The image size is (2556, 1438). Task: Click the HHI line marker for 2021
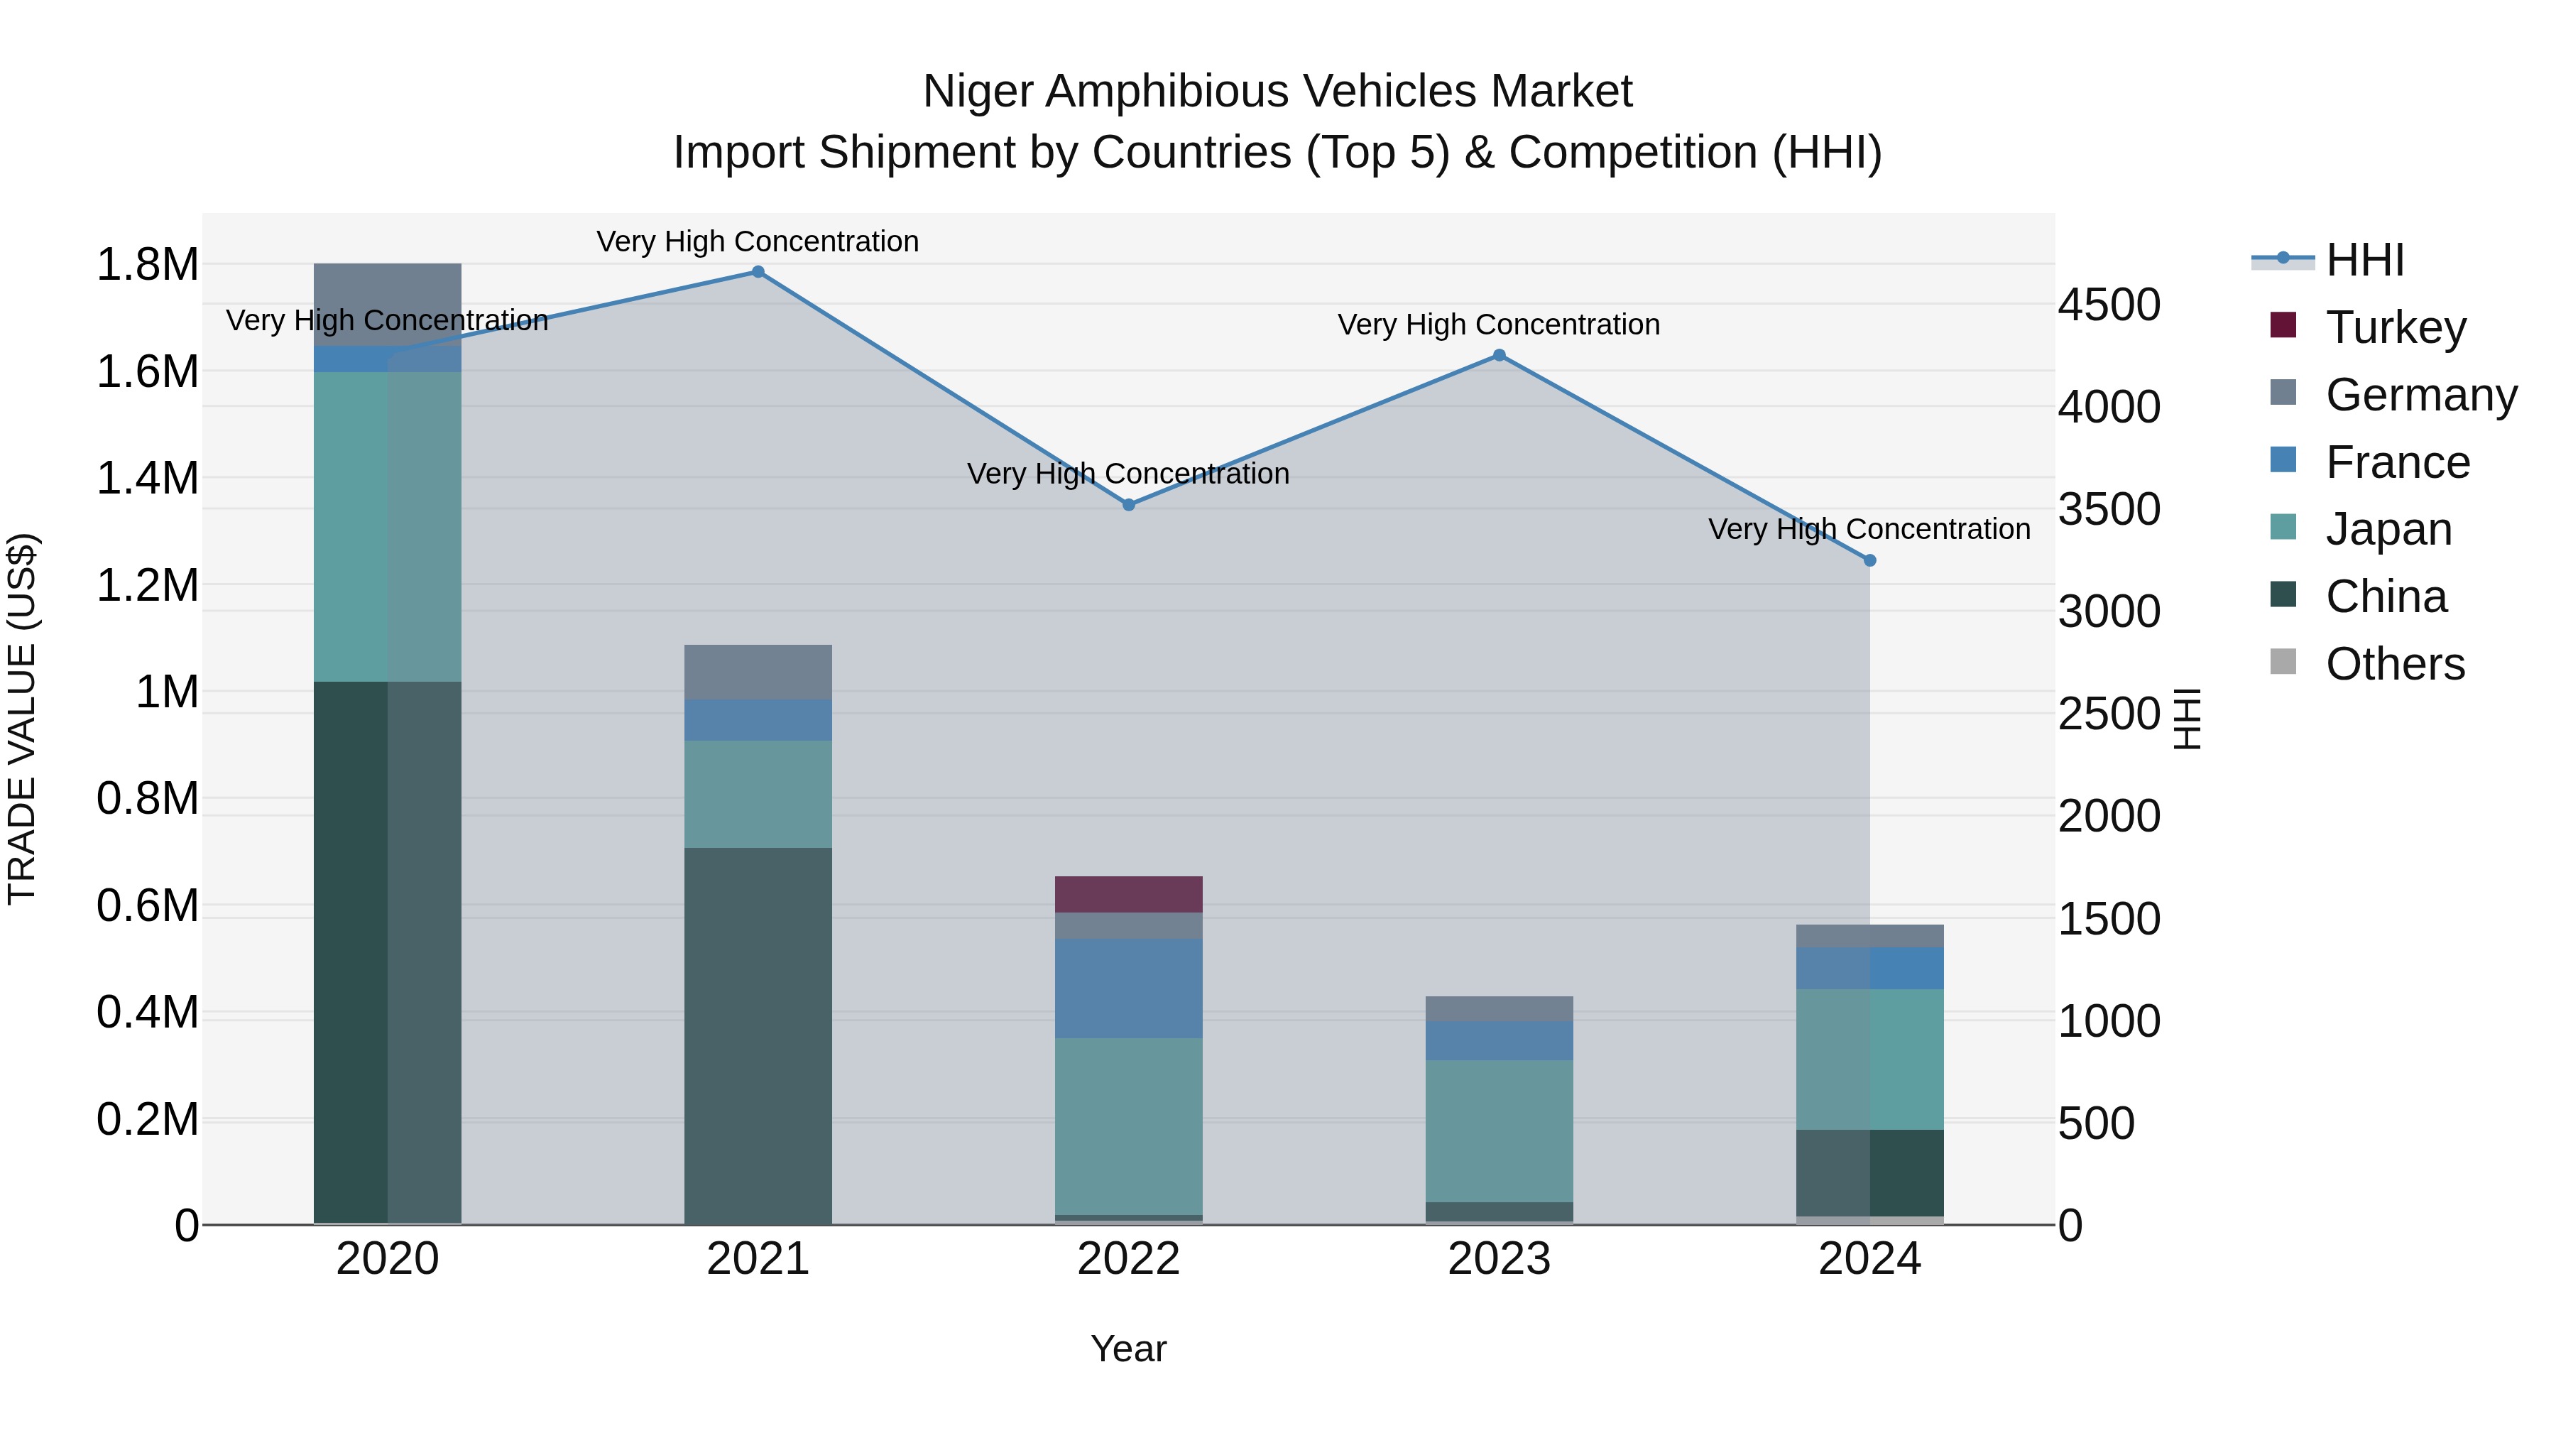[x=758, y=272]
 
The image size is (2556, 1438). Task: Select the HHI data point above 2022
[x=1128, y=505]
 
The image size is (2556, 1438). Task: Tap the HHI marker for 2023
[x=1500, y=355]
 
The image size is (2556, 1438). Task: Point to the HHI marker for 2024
[x=1869, y=561]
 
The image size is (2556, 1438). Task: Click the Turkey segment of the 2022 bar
[x=1128, y=894]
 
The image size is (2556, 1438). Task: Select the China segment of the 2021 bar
[x=758, y=1035]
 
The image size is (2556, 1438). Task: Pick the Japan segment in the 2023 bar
[x=1500, y=1131]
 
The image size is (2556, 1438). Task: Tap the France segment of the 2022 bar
[x=1128, y=988]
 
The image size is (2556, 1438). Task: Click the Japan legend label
[x=2388, y=529]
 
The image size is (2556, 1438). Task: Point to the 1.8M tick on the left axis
[x=147, y=265]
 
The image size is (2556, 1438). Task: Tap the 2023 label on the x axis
[x=1500, y=1259]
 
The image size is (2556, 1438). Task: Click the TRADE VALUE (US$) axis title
[x=22, y=719]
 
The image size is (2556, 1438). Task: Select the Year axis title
[x=1128, y=1349]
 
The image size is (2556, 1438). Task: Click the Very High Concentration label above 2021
[x=758, y=241]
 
